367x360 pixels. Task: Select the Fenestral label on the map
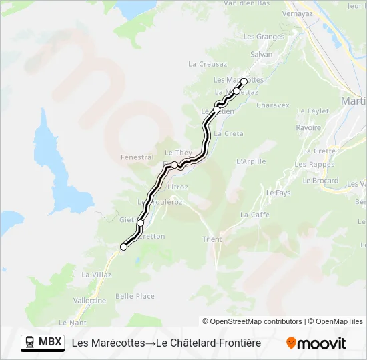(137, 157)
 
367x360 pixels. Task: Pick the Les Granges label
(264, 37)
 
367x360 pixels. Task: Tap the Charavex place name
(272, 105)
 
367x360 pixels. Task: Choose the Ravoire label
(308, 127)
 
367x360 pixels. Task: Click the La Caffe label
(254, 215)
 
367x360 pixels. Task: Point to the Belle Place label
(135, 297)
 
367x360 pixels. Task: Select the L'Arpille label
(251, 161)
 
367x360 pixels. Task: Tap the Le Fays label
(278, 193)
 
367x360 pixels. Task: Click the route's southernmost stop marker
(123, 247)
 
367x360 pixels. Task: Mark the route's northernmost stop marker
(244, 81)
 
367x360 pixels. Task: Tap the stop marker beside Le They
(174, 165)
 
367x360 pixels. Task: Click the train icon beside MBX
(29, 343)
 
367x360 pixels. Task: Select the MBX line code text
(50, 343)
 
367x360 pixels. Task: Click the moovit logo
(316, 343)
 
